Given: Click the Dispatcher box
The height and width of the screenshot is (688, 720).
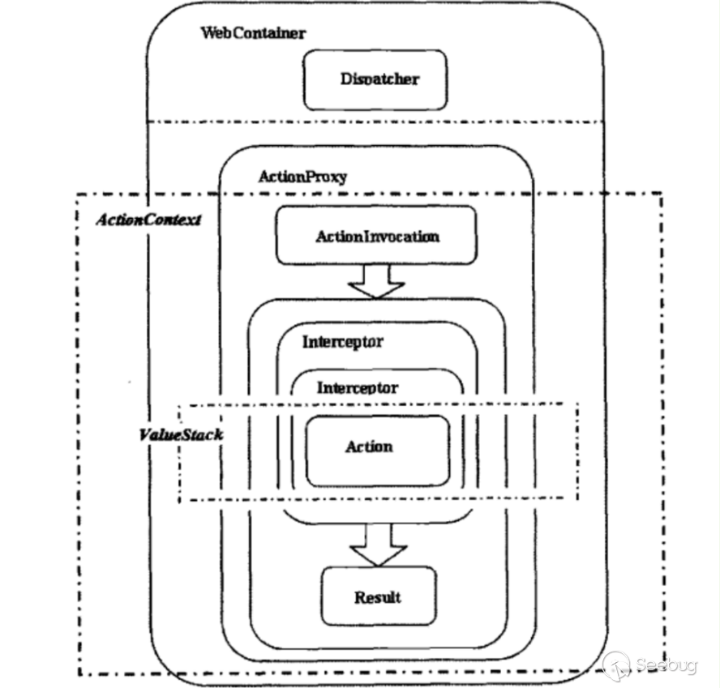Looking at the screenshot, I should coord(375,79).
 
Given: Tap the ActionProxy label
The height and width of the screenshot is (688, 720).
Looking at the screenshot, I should coord(302,176).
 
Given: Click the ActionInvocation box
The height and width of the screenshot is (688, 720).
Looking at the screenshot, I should coord(375,235).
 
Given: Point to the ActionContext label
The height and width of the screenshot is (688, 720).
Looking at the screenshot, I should coord(148,220).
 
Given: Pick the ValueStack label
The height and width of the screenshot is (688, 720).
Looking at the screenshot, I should coord(179,434).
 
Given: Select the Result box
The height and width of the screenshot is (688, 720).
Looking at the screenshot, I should coord(378,597).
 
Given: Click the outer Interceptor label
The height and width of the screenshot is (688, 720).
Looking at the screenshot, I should coord(342,342).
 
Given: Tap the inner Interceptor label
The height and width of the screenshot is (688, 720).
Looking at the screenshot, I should coord(357,387).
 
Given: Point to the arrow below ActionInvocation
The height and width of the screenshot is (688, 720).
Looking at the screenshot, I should coord(375,280).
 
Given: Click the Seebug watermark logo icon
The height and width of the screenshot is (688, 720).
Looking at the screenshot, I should coord(618,664).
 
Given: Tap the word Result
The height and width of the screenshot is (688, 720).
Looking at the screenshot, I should coord(378,597).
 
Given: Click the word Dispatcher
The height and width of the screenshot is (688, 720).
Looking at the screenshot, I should coord(380,79).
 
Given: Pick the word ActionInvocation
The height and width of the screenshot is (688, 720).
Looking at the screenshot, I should coord(377,237).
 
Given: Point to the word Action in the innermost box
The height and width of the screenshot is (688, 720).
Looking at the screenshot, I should coord(369,447).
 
